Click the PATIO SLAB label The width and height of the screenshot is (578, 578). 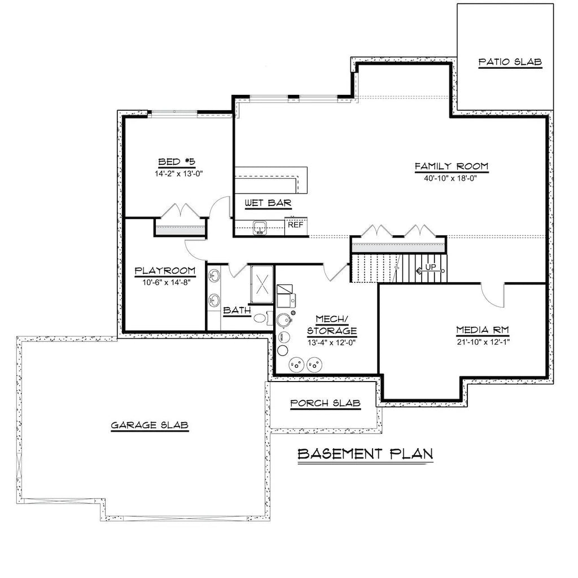pyautogui.click(x=510, y=62)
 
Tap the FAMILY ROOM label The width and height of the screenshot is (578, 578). pyautogui.click(x=452, y=167)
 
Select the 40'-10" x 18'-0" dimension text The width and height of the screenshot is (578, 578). pyautogui.click(x=450, y=179)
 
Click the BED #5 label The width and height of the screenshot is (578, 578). pyautogui.click(x=177, y=161)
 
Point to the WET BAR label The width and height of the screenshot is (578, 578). pyautogui.click(x=268, y=203)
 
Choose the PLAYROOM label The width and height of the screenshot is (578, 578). pyautogui.click(x=165, y=271)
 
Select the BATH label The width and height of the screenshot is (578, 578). pyautogui.click(x=237, y=311)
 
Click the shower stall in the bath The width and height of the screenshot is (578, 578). pyautogui.click(x=262, y=284)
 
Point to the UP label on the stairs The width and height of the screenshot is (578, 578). pyautogui.click(x=431, y=266)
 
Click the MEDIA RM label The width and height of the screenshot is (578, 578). pyautogui.click(x=483, y=330)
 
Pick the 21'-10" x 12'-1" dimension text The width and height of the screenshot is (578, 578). pyautogui.click(x=483, y=342)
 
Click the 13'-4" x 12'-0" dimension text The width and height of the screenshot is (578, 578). pyautogui.click(x=331, y=343)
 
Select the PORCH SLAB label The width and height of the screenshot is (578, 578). pyautogui.click(x=325, y=403)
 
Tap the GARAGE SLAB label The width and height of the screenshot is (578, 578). pyautogui.click(x=150, y=426)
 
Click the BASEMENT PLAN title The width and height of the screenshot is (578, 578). pyautogui.click(x=365, y=454)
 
